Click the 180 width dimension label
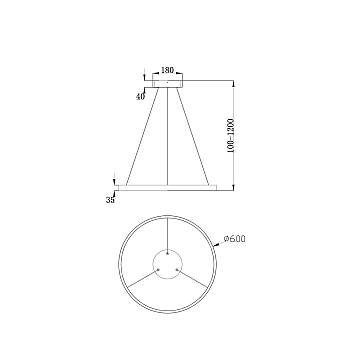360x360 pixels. click(167, 72)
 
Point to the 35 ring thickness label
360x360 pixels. click(111, 200)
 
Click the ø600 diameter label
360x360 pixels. click(234, 240)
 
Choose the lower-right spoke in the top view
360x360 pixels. click(193, 284)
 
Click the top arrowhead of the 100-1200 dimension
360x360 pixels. click(234, 84)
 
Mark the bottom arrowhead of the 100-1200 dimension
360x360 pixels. click(234, 186)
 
